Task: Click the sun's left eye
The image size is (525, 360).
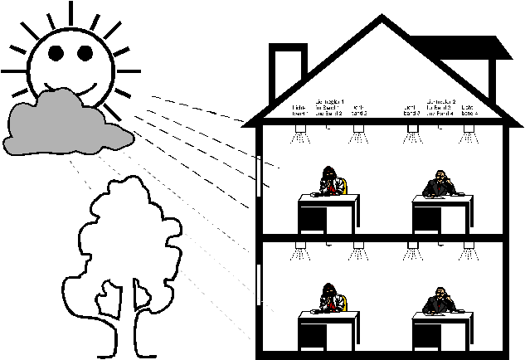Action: pos(56,53)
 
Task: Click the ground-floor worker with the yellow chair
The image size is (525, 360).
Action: pos(330,299)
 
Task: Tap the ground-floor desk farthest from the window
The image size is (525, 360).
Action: pos(441,332)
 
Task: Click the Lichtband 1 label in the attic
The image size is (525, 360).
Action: pos(299,109)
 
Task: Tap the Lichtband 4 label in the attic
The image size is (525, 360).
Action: pos(468,109)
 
